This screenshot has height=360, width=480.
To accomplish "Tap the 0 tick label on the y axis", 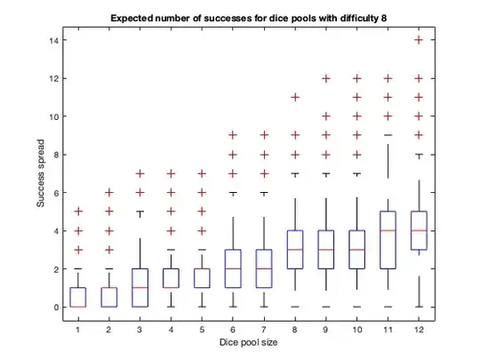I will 56,307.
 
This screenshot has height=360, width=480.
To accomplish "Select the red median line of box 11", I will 389,230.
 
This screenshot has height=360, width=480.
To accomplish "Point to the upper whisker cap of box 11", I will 389,135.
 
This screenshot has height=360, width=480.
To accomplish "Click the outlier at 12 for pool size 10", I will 359,79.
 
